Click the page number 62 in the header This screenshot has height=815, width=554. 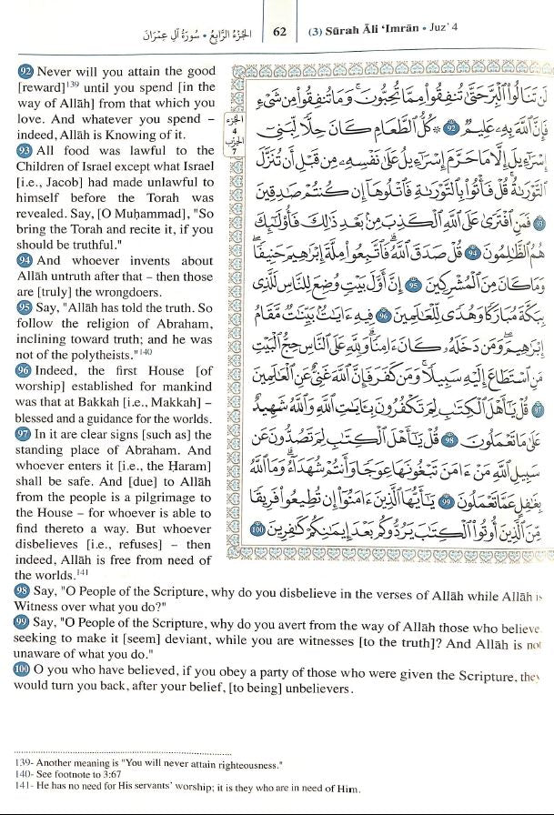pyautogui.click(x=279, y=31)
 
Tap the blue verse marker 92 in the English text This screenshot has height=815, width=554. pyautogui.click(x=24, y=70)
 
